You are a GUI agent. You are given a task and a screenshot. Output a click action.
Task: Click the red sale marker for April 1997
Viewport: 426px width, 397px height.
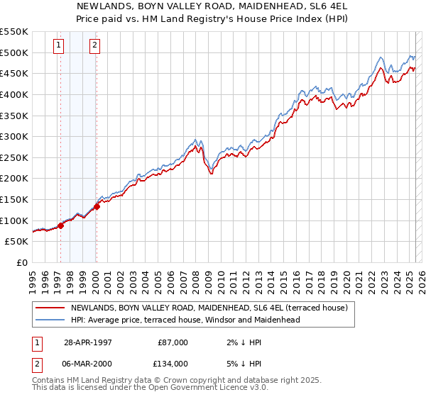click(x=61, y=225)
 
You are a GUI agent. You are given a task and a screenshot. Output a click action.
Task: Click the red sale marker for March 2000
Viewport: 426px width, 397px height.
click(x=97, y=206)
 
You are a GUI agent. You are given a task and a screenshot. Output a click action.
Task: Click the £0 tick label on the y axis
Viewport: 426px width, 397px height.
click(x=23, y=262)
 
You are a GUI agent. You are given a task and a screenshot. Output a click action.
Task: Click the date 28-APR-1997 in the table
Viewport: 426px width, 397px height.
click(x=88, y=342)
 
